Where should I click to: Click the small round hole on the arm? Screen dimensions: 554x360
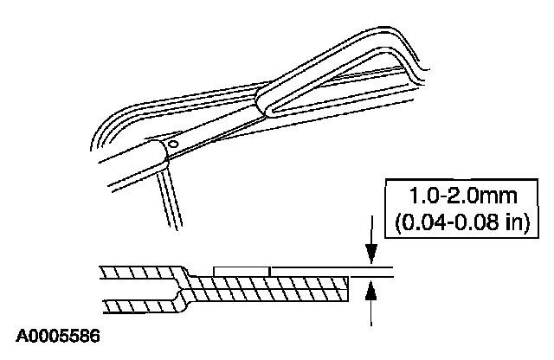point(173,144)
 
